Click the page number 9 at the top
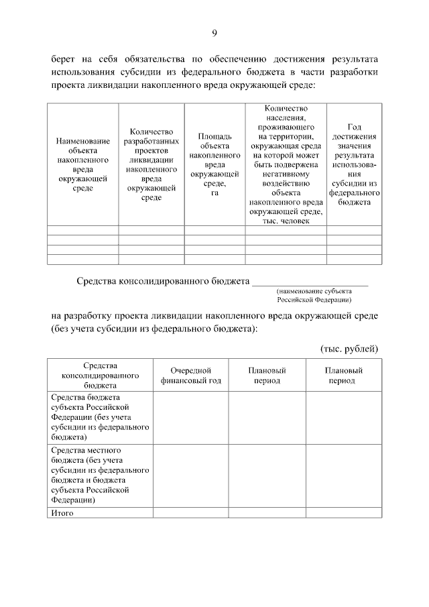(x=214, y=33)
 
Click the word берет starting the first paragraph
(x=65, y=60)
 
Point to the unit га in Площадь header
(x=215, y=193)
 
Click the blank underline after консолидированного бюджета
(x=310, y=281)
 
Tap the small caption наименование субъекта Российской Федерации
(x=314, y=295)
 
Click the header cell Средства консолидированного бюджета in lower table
(x=100, y=376)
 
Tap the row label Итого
(x=62, y=513)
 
